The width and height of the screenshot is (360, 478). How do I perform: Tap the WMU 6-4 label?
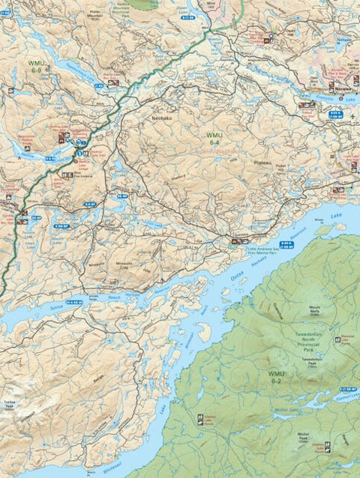[x=214, y=139]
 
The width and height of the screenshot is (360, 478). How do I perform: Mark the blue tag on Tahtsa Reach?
[x=73, y=302]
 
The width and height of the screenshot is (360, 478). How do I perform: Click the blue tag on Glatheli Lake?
[x=347, y=390]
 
